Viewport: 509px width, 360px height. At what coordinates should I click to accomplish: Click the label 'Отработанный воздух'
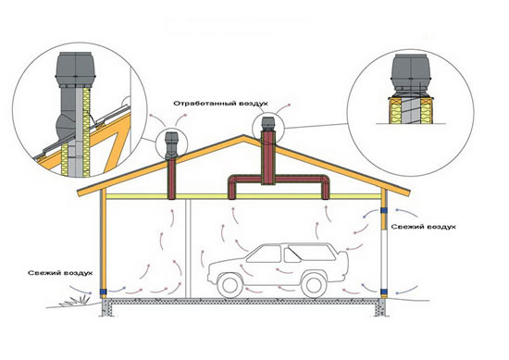[220, 104]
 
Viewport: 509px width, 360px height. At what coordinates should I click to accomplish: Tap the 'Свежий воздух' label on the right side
[423, 227]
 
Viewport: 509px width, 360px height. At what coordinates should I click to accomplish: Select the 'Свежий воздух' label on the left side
[60, 273]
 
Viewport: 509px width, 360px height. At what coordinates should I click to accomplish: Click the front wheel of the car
[230, 285]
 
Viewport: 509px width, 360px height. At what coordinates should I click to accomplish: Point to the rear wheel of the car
[314, 285]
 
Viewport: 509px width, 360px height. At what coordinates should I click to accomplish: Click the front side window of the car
[265, 254]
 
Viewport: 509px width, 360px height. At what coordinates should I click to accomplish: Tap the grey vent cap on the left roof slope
[171, 145]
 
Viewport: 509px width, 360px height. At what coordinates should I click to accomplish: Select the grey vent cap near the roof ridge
[268, 124]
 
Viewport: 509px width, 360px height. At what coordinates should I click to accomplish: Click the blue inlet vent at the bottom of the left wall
[103, 292]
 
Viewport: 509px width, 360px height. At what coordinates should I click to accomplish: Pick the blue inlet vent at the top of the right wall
[384, 210]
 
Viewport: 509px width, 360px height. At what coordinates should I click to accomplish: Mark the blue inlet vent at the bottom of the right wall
[384, 292]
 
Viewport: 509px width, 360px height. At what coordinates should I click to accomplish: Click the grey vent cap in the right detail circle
[411, 76]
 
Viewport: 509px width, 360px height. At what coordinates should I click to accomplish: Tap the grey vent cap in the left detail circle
[75, 69]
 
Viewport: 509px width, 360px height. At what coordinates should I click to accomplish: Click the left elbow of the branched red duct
[233, 181]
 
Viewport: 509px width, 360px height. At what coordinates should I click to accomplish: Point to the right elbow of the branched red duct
[324, 181]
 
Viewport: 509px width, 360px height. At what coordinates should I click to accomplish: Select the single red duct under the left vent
[172, 179]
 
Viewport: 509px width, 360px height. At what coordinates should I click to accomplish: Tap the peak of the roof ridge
[243, 135]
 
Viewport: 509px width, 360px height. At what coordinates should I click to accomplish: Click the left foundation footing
[106, 307]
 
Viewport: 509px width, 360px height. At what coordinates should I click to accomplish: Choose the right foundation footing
[380, 307]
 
